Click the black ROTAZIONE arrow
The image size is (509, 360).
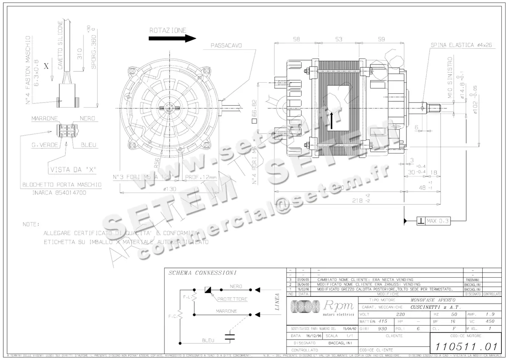pyautogui.click(x=172, y=38)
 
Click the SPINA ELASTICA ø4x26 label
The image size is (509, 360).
pyautogui.click(x=461, y=45)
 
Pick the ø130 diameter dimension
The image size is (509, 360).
pyautogui.click(x=170, y=189)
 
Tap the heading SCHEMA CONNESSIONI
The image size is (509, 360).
pyautogui.click(x=202, y=273)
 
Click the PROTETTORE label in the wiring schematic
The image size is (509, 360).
pyautogui.click(x=232, y=299)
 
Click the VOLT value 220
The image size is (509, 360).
pyautogui.click(x=400, y=315)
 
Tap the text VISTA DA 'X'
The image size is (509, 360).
pyautogui.click(x=73, y=169)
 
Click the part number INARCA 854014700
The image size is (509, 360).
pyautogui.click(x=59, y=192)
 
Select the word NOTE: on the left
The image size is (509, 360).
pyautogui.click(x=31, y=224)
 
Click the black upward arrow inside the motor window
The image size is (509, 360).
pyautogui.click(x=331, y=119)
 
